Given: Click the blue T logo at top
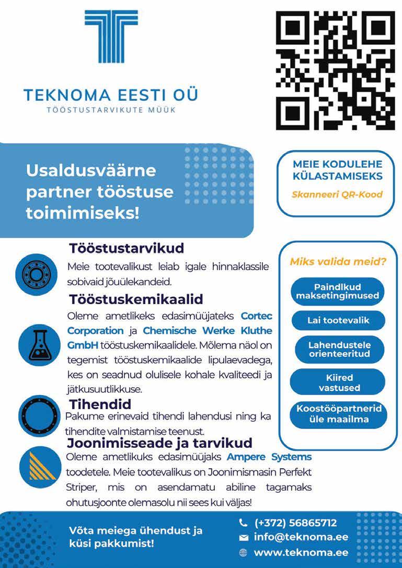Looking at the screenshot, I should [111, 37].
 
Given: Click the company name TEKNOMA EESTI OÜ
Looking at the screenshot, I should [111, 96].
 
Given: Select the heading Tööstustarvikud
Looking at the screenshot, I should [127, 248].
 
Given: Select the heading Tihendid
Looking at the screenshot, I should [100, 404].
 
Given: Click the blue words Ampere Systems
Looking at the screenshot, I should [269, 457].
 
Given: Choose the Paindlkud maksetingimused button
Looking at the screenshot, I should [337, 291].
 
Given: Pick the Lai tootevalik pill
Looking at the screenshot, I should [338, 320].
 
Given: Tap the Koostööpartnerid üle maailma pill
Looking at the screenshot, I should [338, 414].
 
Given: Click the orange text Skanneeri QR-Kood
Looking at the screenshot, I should [337, 194].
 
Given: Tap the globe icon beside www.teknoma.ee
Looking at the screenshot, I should [243, 552].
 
